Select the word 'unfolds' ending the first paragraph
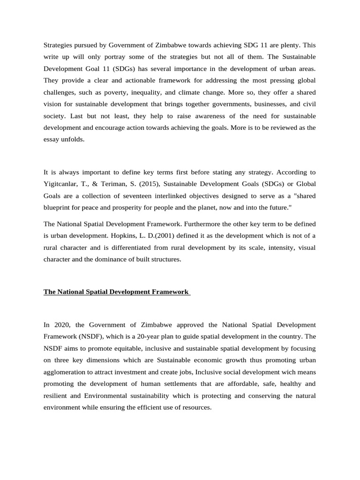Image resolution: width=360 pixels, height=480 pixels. tap(75, 139)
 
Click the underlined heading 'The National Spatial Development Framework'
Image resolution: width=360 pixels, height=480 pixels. tap(116, 292)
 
